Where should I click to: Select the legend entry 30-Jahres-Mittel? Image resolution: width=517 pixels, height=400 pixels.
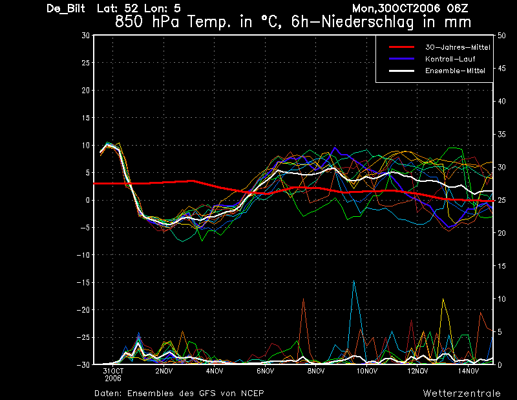coord(458,48)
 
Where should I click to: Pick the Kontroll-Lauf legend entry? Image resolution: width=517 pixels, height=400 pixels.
coord(450,60)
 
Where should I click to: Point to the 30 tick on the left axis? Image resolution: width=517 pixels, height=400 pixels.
coord(85,36)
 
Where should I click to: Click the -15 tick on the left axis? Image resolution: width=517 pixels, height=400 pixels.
coord(82,283)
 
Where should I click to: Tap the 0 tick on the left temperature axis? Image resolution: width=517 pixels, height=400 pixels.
coord(87,201)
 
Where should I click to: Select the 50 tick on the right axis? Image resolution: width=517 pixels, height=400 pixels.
coord(502,36)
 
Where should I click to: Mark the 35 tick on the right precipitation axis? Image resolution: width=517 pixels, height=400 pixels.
coord(502,134)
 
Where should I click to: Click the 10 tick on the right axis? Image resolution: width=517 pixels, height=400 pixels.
coord(502,299)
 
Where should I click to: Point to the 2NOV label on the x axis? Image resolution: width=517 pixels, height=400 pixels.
coord(164,372)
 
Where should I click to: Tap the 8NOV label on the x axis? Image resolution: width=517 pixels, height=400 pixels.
coord(315,372)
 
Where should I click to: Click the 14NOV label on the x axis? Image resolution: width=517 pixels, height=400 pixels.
coord(468,372)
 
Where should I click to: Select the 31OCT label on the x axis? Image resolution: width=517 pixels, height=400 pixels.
coord(112,372)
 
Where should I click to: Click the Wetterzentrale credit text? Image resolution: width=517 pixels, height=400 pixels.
coord(461,393)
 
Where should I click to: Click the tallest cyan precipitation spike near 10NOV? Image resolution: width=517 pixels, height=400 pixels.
coord(353,282)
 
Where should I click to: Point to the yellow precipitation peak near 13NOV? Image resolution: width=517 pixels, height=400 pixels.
coord(443,300)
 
